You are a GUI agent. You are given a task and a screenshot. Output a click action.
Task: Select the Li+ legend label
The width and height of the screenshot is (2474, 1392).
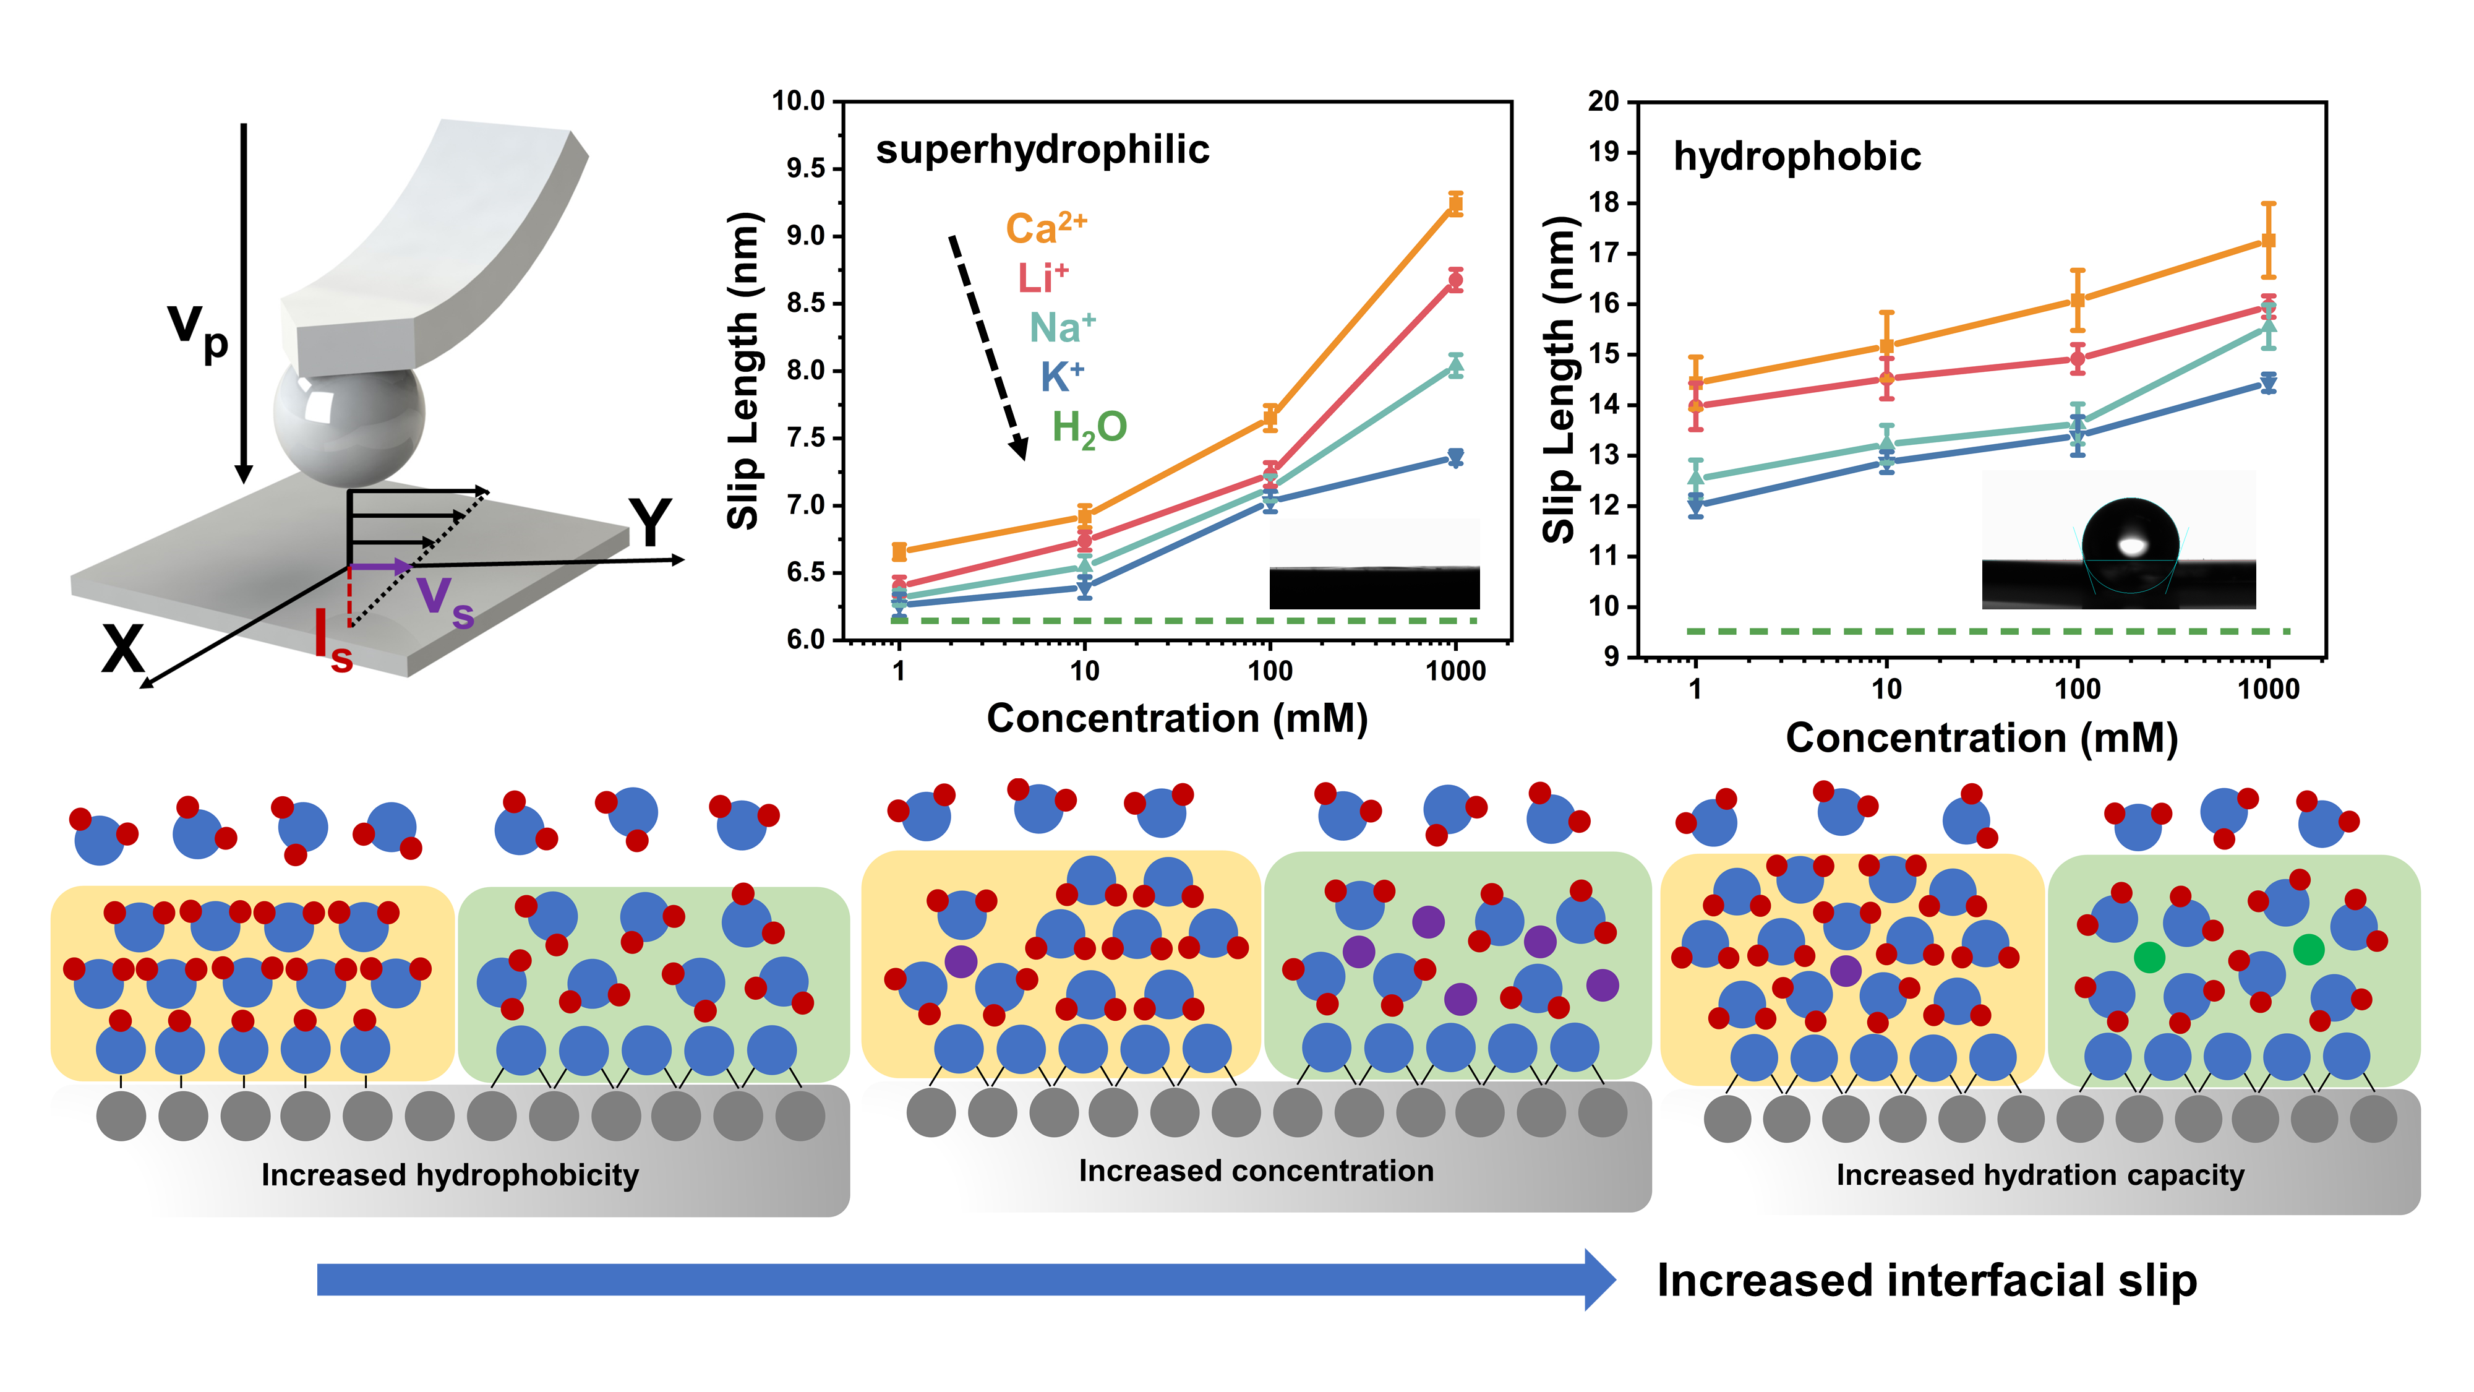click(1042, 278)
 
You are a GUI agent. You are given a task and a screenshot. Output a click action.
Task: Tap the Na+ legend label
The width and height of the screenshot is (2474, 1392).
click(1061, 328)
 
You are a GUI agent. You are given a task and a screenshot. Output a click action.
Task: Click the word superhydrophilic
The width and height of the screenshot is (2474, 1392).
click(1042, 150)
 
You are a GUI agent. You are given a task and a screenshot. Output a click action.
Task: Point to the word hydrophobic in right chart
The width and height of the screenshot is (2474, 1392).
click(1797, 157)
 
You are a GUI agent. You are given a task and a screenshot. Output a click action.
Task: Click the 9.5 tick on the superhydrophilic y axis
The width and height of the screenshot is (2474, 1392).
click(805, 169)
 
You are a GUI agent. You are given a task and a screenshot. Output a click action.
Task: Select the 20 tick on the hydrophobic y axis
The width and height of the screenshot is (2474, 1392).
click(1603, 101)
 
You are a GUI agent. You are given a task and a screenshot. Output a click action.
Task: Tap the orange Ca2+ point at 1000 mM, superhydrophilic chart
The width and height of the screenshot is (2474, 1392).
click(1455, 204)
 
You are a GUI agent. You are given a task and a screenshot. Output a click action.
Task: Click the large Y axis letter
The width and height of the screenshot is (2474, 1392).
click(650, 523)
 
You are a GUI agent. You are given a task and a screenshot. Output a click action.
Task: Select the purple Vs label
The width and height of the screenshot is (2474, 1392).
click(445, 600)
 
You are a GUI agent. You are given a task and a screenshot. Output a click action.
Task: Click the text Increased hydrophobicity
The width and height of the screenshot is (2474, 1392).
click(450, 1175)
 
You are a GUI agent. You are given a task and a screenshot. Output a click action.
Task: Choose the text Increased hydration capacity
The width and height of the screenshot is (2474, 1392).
click(2040, 1175)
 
